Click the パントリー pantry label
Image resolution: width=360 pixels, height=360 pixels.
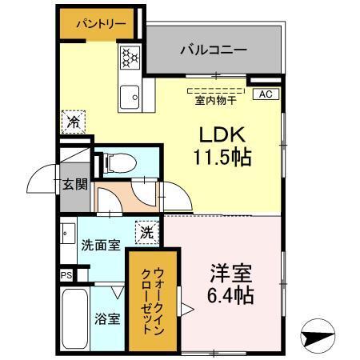(x=101, y=24)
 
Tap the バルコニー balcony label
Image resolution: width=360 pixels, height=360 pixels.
(x=213, y=50)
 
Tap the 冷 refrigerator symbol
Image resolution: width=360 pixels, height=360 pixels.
(x=72, y=122)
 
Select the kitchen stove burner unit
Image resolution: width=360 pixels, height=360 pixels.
(x=130, y=58)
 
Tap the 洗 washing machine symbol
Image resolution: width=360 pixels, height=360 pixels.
(x=146, y=233)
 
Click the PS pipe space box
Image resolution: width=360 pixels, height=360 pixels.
(x=65, y=274)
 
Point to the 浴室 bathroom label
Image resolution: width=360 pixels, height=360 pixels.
(x=110, y=318)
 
